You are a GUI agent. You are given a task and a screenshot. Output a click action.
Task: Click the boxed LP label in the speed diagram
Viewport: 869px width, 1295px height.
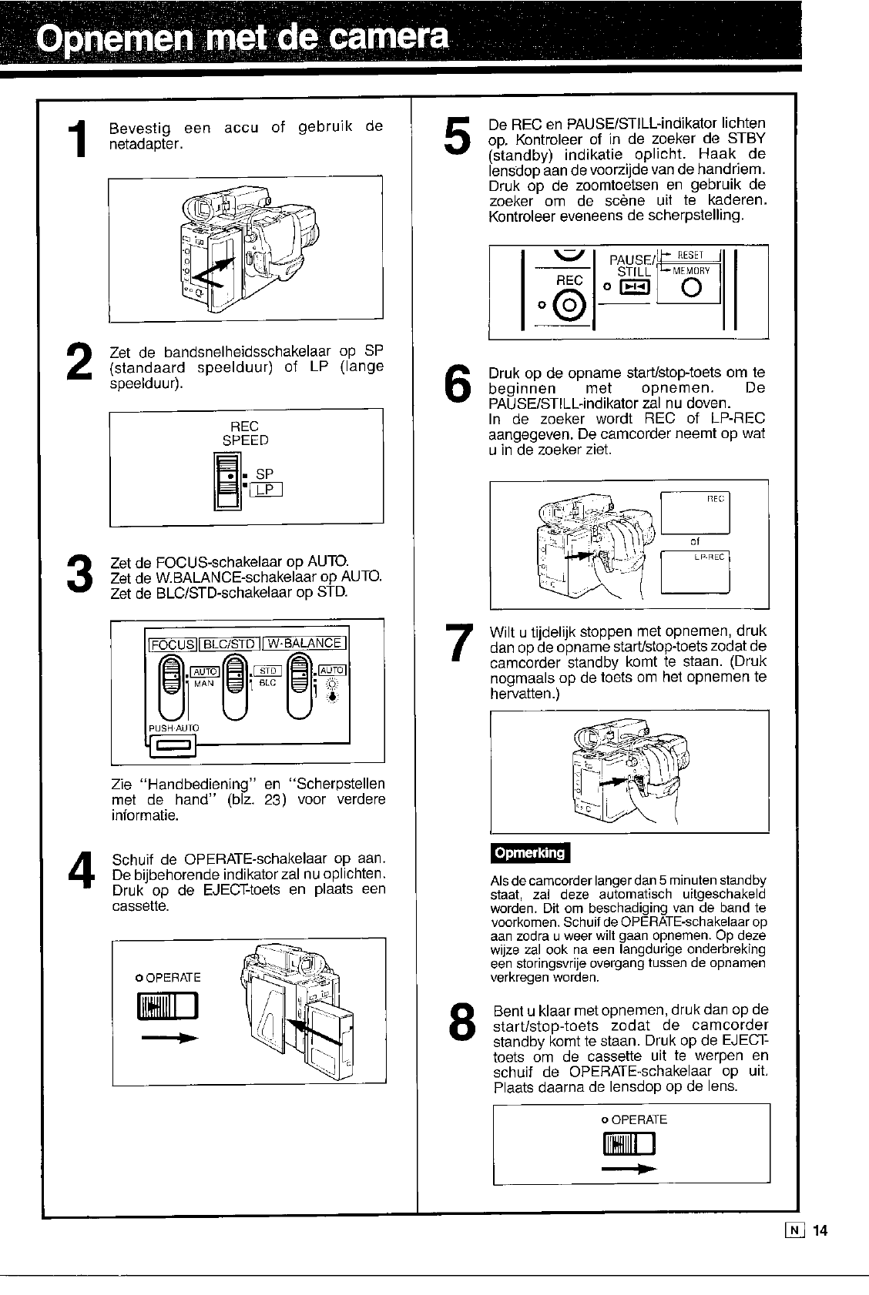(x=265, y=490)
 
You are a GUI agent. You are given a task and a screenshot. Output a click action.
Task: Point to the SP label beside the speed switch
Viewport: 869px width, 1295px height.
(x=264, y=474)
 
